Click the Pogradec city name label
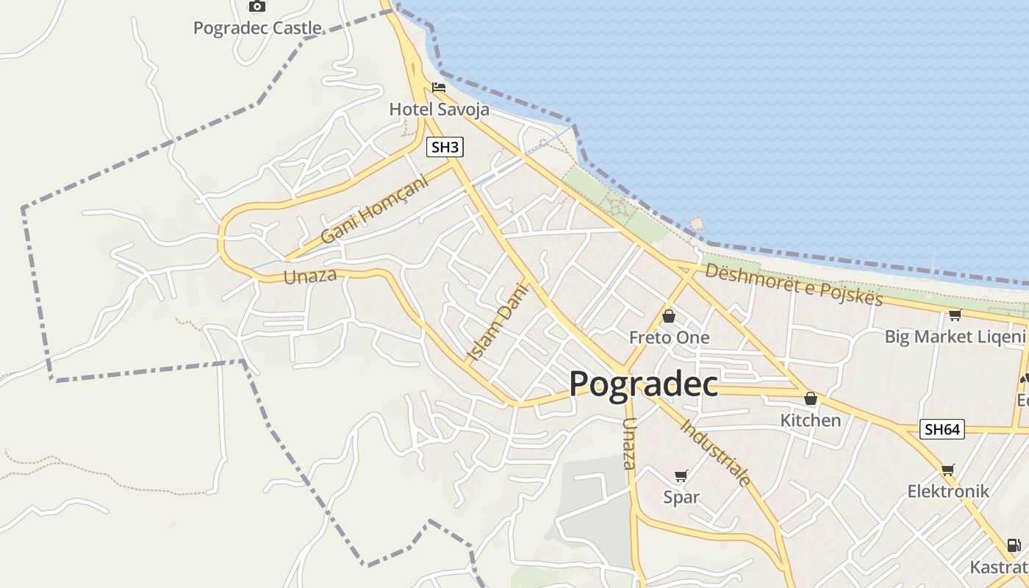click(x=643, y=384)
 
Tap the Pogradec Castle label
click(x=257, y=28)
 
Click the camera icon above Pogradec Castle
click(x=257, y=6)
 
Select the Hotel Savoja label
click(x=439, y=110)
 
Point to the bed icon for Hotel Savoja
click(x=439, y=87)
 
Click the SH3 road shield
click(x=445, y=147)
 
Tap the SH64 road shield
click(x=942, y=429)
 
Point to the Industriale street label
click(x=716, y=453)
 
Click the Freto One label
click(x=670, y=337)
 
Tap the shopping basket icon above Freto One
click(x=669, y=317)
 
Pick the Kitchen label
click(x=810, y=420)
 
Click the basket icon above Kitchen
click(x=811, y=399)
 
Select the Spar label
click(x=681, y=497)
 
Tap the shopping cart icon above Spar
click(x=681, y=476)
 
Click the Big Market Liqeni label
click(x=955, y=337)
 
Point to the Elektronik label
click(x=948, y=491)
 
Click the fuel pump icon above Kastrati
click(x=1014, y=545)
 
